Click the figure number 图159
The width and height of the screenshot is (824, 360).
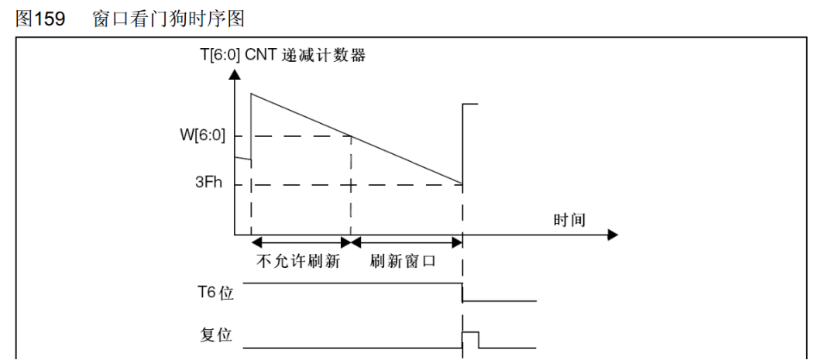coord(40,19)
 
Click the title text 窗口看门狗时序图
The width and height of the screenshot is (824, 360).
coord(168,19)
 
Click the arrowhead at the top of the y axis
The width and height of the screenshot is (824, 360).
coord(235,73)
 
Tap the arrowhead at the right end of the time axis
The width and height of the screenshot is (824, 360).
coord(613,235)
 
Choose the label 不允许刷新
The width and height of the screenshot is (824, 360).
coord(298,261)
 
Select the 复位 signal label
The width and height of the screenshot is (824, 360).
coord(216,334)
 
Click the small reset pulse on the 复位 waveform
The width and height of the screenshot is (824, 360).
coord(470,340)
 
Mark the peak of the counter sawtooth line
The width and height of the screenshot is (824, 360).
coord(251,93)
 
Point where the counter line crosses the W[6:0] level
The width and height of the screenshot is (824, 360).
coord(351,136)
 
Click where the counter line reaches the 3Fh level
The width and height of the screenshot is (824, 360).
coord(462,184)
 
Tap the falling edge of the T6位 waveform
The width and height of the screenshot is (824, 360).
coord(462,292)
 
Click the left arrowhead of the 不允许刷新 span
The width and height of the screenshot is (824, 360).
coord(256,242)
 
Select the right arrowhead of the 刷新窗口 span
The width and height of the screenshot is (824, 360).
coord(457,242)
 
